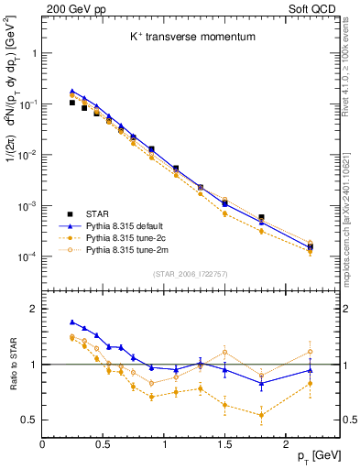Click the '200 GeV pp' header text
[x=71, y=8]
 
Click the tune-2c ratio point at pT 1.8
[x=261, y=415]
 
